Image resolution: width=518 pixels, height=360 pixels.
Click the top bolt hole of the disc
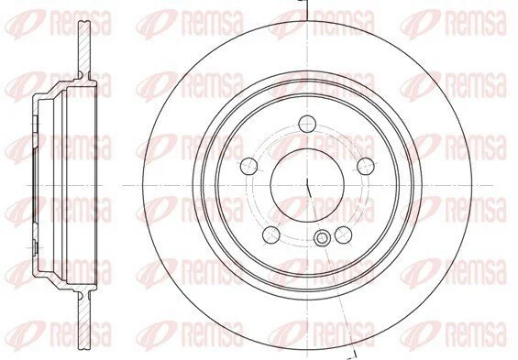click(307, 124)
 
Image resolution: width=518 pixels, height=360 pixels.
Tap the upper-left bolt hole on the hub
click(249, 166)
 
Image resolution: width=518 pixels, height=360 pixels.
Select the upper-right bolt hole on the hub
click(366, 166)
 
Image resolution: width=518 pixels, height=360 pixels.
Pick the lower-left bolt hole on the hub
click(271, 235)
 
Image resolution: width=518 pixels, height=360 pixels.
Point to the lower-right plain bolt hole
click(343, 235)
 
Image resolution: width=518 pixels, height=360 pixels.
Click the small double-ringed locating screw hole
click(321, 238)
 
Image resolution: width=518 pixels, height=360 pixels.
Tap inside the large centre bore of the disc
click(307, 185)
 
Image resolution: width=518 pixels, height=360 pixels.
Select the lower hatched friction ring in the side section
click(84, 321)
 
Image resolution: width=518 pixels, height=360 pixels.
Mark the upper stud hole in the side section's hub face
click(35, 123)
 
